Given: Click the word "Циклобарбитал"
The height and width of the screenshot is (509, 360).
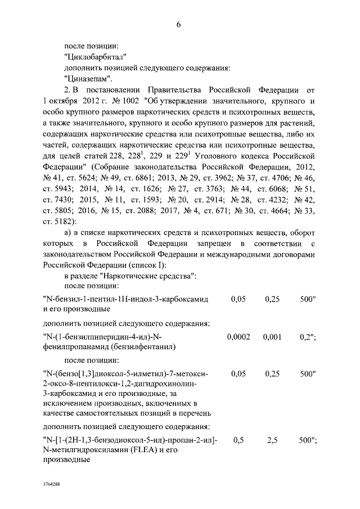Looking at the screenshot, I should [x=94, y=56].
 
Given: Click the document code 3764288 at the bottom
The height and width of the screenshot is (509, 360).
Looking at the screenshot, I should [x=52, y=484].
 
